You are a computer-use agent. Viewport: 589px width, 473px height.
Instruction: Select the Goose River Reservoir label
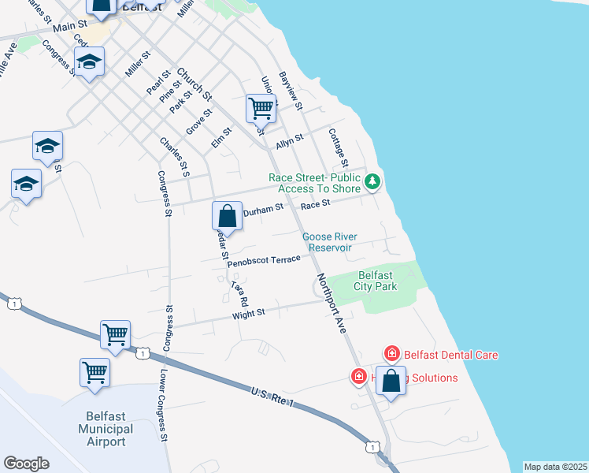(x=331, y=242)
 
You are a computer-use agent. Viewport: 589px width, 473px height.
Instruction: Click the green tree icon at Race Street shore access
(x=372, y=182)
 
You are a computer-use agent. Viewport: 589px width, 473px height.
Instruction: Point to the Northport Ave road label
(x=332, y=303)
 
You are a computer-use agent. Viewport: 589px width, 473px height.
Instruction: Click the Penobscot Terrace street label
(x=265, y=261)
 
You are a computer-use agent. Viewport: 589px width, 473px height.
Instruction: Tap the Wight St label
(x=249, y=314)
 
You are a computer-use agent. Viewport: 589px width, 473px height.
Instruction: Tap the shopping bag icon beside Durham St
(x=227, y=215)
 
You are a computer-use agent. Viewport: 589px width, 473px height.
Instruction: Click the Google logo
(x=26, y=464)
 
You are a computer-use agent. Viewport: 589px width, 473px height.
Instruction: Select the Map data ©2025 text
(x=555, y=467)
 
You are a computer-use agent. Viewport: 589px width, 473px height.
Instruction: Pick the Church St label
(x=194, y=84)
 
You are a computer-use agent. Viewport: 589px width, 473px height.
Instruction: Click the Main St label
(x=70, y=26)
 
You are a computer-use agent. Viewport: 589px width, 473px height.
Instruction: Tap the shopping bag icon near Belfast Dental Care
(x=391, y=381)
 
